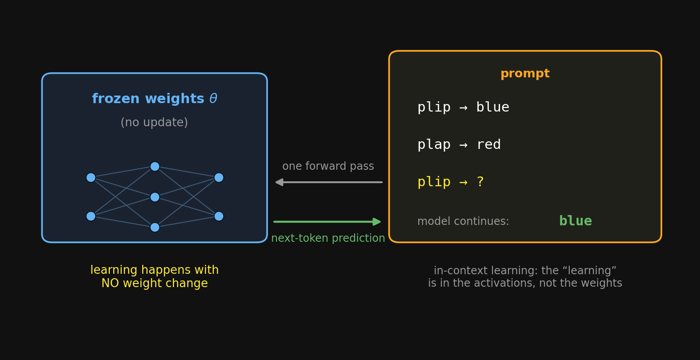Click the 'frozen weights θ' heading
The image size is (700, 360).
tap(154, 99)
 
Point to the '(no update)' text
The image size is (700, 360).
tap(154, 122)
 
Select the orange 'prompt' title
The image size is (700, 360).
tap(525, 74)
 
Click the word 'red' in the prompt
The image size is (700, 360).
tap(488, 144)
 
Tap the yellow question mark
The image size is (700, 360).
tap(480, 182)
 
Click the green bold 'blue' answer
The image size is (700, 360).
tap(575, 221)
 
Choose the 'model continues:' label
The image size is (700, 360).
tap(463, 221)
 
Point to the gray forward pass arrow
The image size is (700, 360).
tap(329, 182)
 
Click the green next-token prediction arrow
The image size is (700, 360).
tap(327, 222)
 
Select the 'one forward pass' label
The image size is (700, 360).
tap(328, 166)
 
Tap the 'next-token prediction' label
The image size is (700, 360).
tap(328, 238)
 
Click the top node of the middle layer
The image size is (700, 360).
tap(155, 166)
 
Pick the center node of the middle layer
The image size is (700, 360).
tap(155, 197)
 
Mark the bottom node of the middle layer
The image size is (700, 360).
tap(155, 227)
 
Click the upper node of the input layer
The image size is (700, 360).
tap(91, 177)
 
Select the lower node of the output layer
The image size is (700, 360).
tap(219, 216)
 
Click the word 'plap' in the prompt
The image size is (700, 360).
tap(434, 145)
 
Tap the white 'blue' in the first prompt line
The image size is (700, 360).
tap(493, 107)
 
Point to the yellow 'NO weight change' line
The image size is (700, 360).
tap(154, 284)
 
